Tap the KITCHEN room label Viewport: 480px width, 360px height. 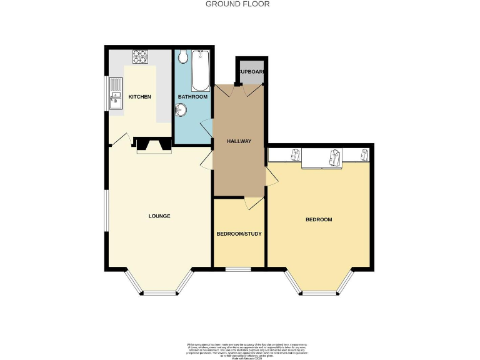[140, 97]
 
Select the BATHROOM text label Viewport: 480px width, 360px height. [192, 97]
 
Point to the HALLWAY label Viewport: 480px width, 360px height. [239, 141]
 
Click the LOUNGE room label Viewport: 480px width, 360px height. [159, 216]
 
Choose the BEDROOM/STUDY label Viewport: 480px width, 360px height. [239, 234]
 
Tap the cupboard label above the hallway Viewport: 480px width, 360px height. [251, 72]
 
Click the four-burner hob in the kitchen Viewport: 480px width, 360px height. [139, 57]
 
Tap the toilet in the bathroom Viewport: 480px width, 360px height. [183, 58]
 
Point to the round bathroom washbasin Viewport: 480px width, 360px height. [181, 111]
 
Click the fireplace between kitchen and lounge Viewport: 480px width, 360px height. [154, 146]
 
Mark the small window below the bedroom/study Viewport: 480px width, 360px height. [238, 269]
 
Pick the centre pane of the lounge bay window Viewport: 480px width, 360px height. [159, 292]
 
